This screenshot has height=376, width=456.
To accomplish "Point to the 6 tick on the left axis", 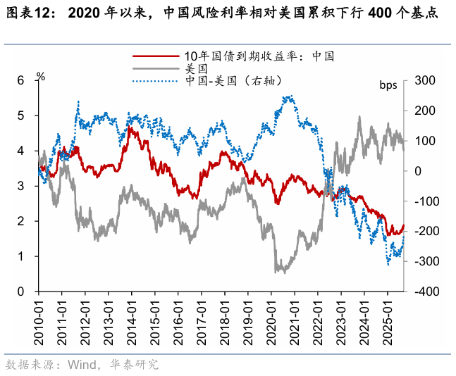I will [20, 81].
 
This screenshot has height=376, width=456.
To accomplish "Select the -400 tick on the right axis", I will [426, 292].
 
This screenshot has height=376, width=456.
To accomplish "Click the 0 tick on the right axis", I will [419, 171].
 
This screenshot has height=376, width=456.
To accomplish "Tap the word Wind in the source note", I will [80, 364].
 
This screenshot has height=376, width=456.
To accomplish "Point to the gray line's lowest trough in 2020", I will [276, 271].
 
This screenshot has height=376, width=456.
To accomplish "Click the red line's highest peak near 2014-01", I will [130, 127].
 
